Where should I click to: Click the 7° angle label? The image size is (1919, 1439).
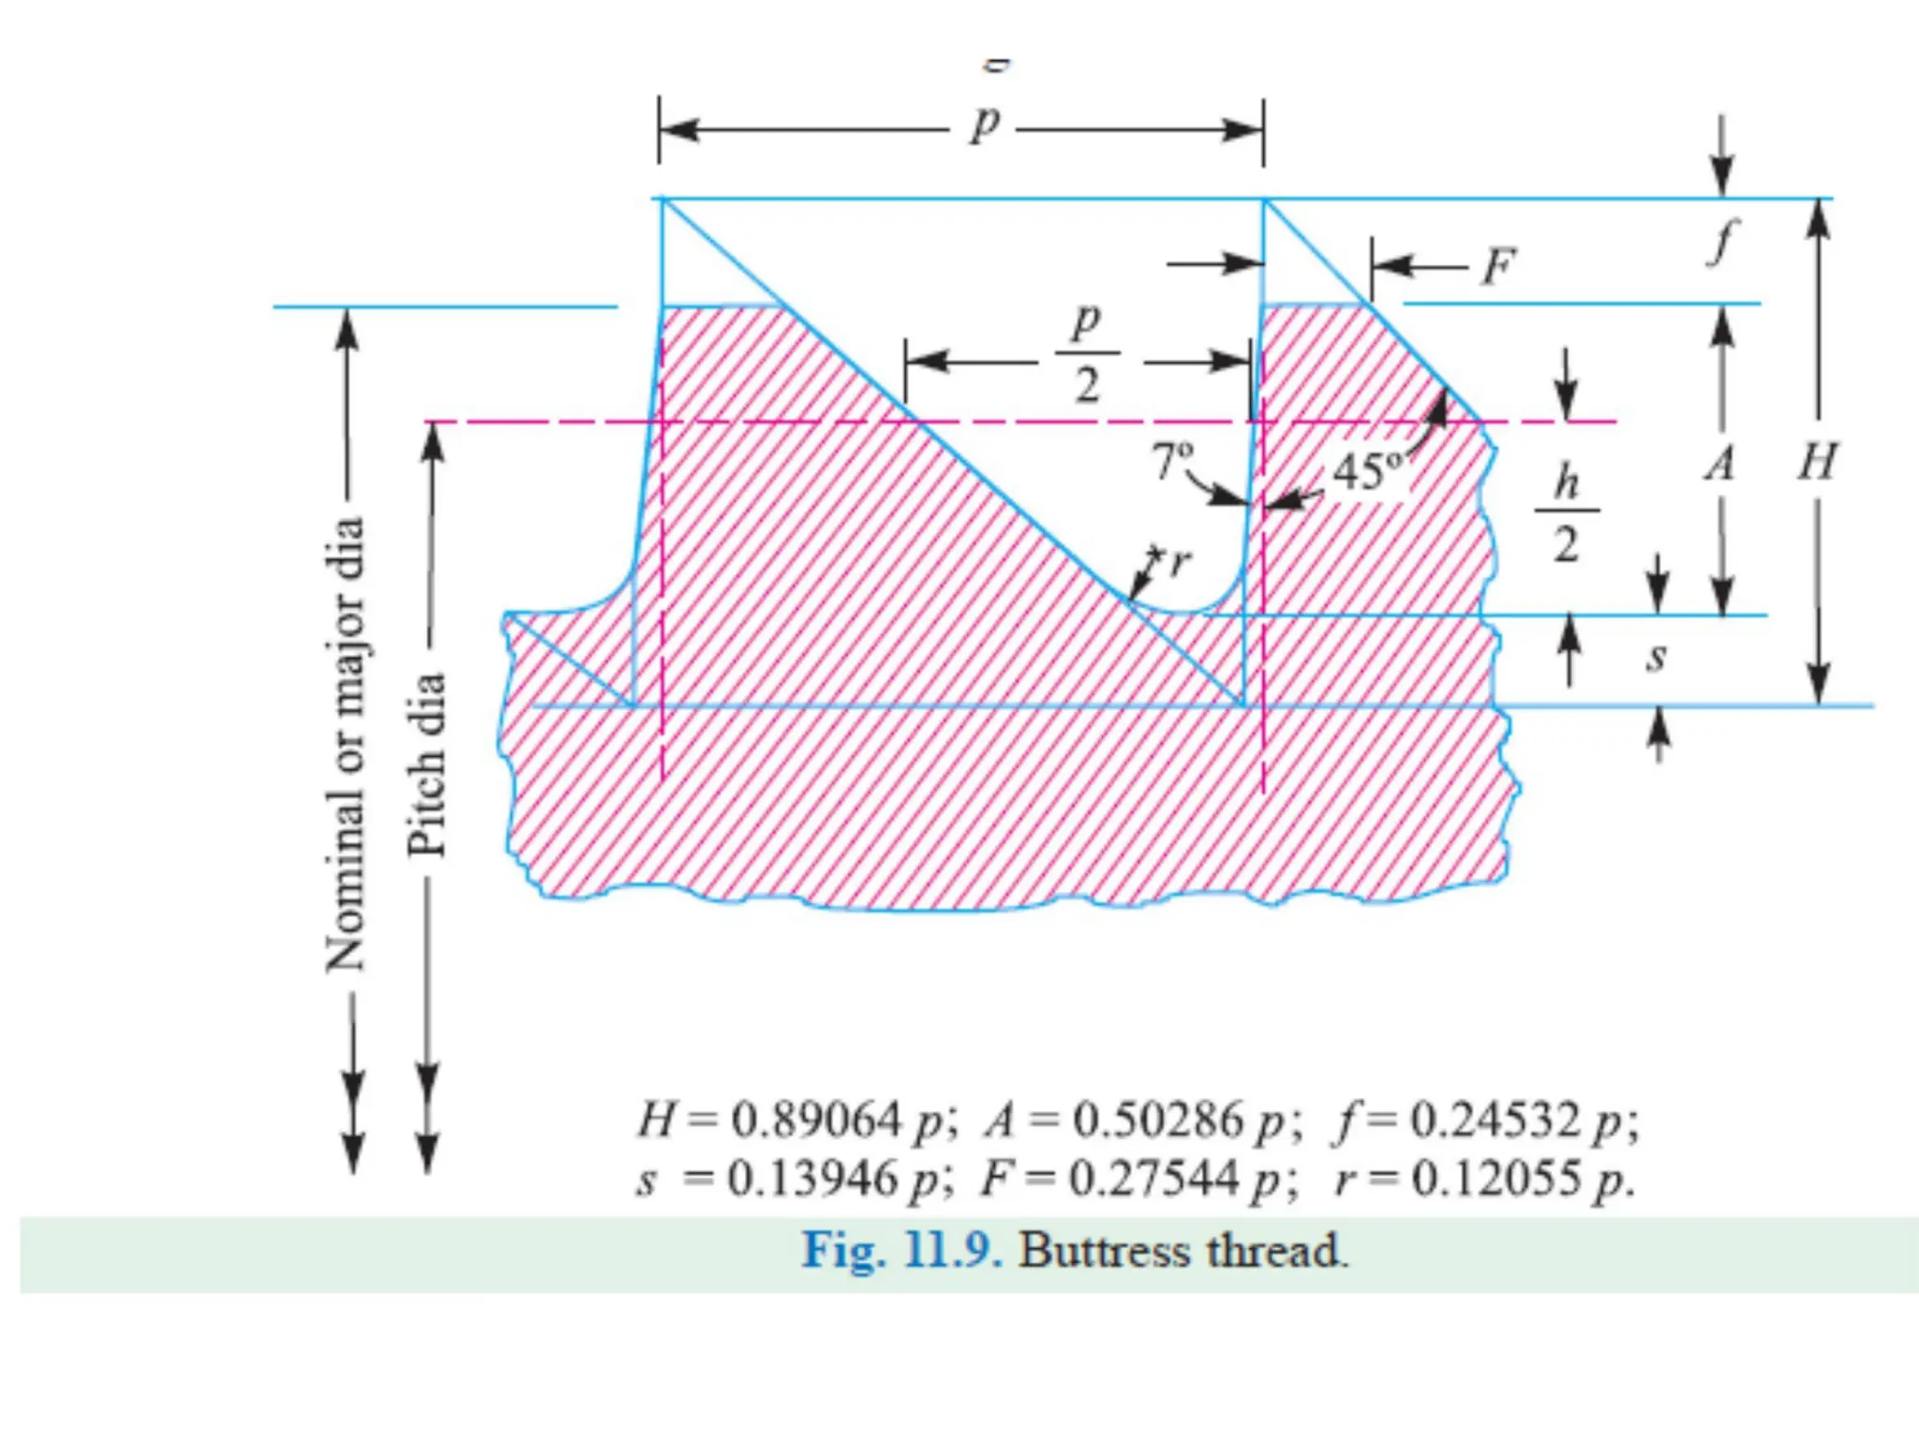pyautogui.click(x=1172, y=460)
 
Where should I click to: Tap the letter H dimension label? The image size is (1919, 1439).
pyautogui.click(x=1817, y=462)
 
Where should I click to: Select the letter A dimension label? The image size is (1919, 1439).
pyautogui.click(x=1720, y=464)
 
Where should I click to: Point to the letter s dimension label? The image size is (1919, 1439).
pyautogui.click(x=1657, y=656)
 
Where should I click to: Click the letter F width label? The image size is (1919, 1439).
pyautogui.click(x=1498, y=267)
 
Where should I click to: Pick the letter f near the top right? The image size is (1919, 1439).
pyautogui.click(x=1721, y=242)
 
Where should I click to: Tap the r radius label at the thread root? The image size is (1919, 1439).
pyautogui.click(x=1180, y=562)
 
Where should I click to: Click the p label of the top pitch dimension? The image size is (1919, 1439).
pyautogui.click(x=985, y=124)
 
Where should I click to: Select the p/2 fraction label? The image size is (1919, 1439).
pyautogui.click(x=1087, y=353)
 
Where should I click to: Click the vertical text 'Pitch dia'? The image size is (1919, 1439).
pyautogui.click(x=427, y=764)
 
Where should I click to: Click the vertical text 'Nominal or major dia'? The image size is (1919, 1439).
pyautogui.click(x=345, y=745)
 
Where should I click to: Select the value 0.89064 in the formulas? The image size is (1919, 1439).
pyautogui.click(x=815, y=1120)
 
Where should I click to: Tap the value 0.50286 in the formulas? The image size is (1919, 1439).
pyautogui.click(x=1157, y=1120)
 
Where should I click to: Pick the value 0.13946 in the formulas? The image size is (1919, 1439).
pyautogui.click(x=812, y=1179)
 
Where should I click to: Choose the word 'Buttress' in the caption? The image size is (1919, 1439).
pyautogui.click(x=1105, y=1251)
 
